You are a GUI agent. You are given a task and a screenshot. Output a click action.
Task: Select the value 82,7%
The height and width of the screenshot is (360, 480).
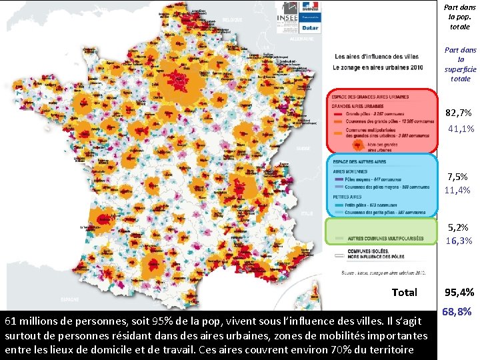click(459, 113)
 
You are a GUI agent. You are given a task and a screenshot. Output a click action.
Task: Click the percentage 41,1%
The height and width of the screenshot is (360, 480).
click(461, 129)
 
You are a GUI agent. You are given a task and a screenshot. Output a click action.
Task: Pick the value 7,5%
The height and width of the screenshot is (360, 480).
click(459, 176)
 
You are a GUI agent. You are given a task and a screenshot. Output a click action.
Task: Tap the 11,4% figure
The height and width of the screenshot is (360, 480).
click(459, 190)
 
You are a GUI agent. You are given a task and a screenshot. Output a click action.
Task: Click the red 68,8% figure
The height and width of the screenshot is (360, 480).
click(457, 311)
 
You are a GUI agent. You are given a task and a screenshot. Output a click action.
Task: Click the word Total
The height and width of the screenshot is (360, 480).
click(404, 292)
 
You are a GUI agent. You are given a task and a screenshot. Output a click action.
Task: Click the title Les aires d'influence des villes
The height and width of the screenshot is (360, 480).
click(377, 56)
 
